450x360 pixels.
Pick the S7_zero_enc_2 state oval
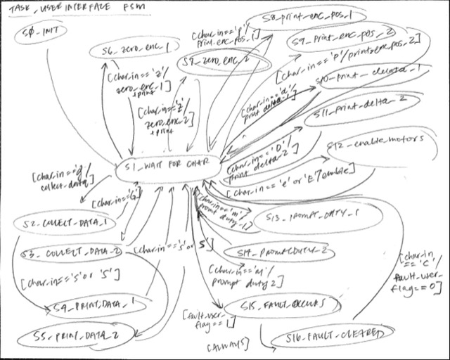coord(212,64)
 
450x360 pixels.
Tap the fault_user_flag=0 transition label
coord(421,276)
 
